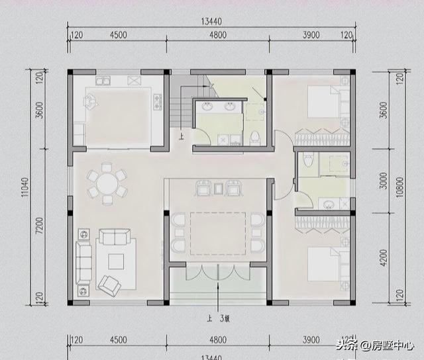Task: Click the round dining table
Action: tap(107, 183)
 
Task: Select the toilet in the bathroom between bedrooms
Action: tap(306, 161)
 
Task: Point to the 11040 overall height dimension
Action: tap(25, 188)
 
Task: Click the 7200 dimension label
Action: tap(39, 228)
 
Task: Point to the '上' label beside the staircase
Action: tap(181, 138)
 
